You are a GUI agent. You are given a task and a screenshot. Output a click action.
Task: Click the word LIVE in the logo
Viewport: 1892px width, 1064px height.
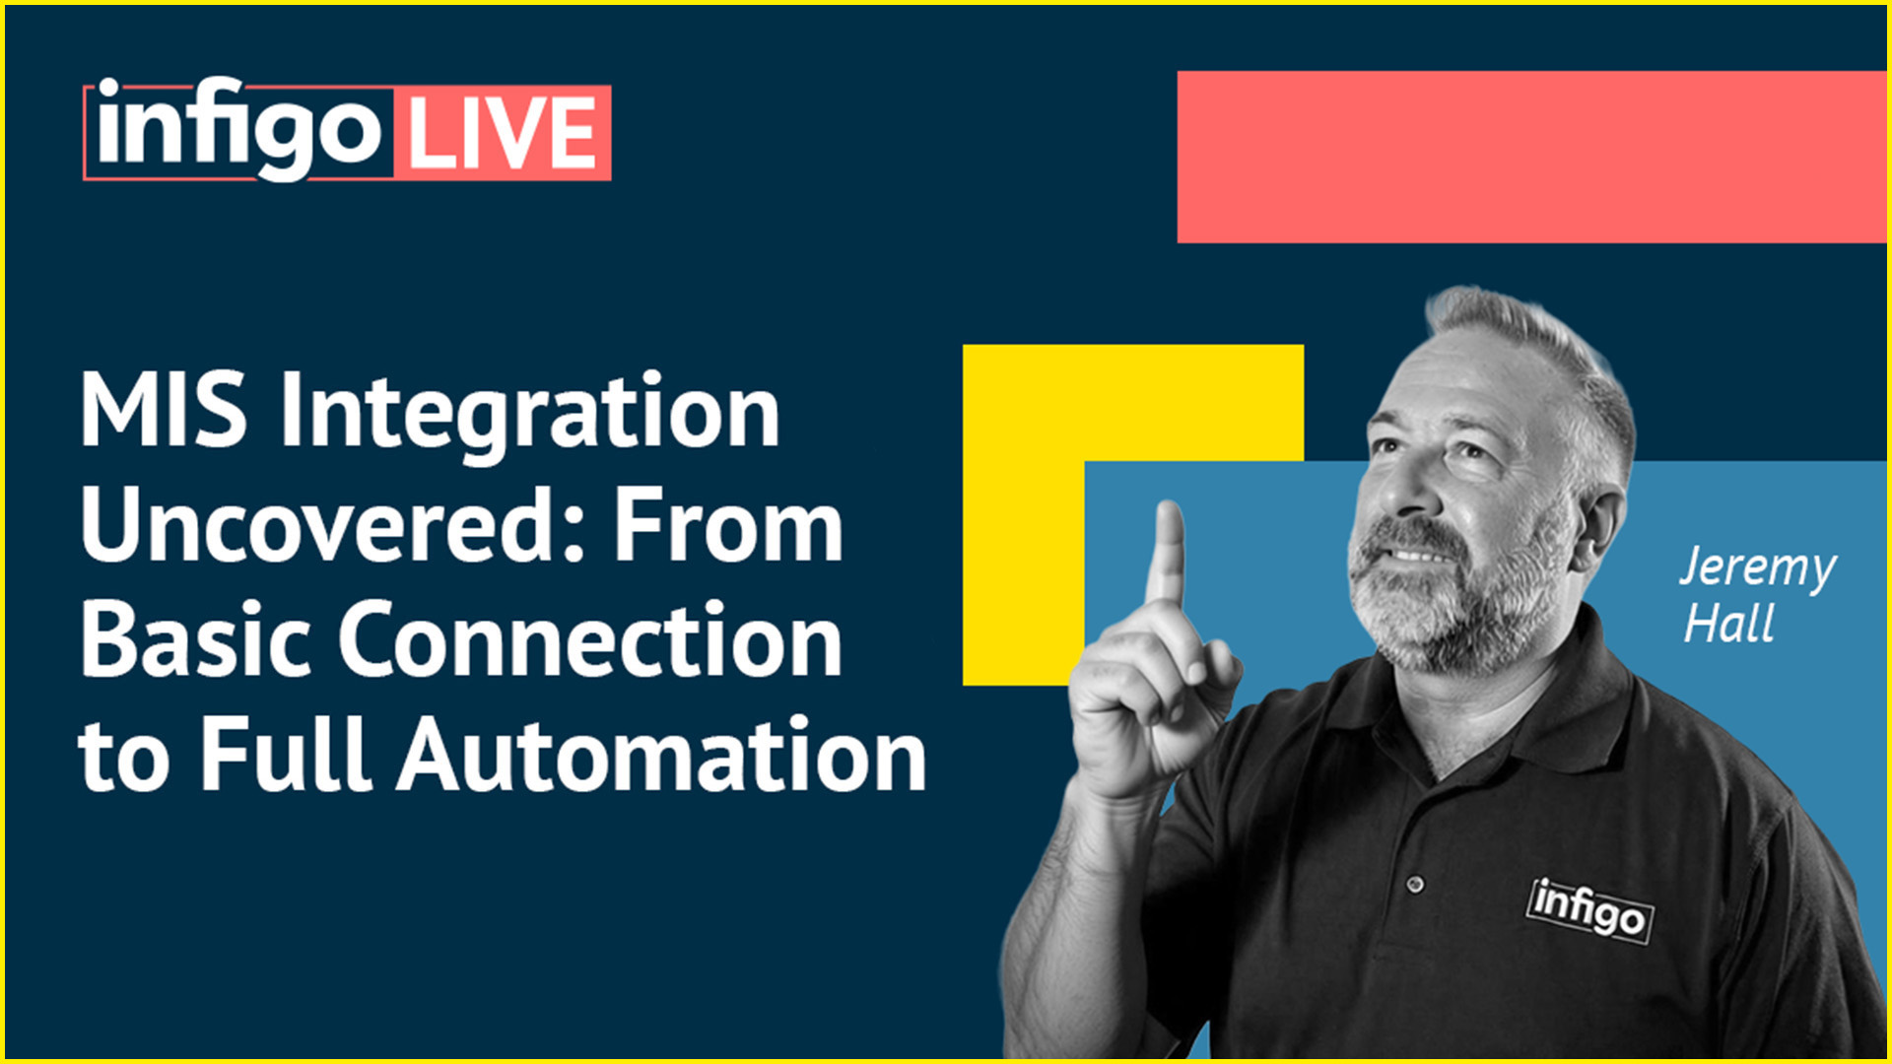(x=502, y=133)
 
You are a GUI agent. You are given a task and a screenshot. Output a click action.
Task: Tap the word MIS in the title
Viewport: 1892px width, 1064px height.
(x=164, y=410)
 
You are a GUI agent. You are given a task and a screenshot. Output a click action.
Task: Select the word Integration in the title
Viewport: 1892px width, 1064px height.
(x=530, y=415)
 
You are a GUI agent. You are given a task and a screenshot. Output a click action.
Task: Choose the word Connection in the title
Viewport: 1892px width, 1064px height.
(x=590, y=640)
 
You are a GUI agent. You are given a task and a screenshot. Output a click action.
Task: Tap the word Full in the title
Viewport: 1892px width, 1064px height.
(x=286, y=755)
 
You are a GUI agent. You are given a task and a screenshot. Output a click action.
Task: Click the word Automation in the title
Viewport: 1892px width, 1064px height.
(x=661, y=755)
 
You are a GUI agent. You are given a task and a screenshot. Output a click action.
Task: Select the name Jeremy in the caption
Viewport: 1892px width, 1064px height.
(x=1757, y=569)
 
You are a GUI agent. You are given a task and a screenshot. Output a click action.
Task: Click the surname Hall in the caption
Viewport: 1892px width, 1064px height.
(x=1728, y=624)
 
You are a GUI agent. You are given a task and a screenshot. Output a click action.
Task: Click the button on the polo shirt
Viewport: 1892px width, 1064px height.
(x=1415, y=884)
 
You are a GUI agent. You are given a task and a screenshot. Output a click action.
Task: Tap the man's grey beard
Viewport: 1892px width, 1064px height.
(x=1449, y=611)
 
